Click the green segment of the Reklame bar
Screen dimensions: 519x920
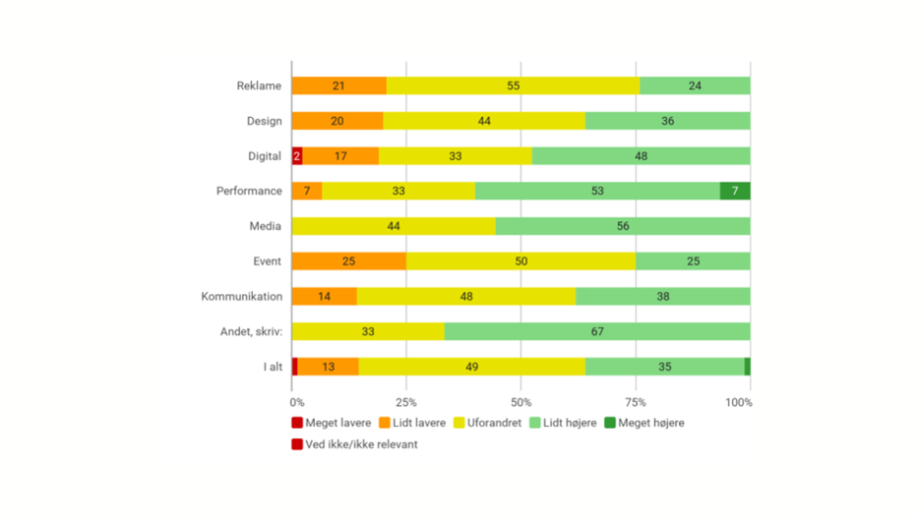[x=695, y=86]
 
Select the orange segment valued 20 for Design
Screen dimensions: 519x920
[x=337, y=121]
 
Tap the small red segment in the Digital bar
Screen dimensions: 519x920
[x=297, y=156]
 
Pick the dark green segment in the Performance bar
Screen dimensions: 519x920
[x=735, y=191]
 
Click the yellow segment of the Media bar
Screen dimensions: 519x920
[x=394, y=226]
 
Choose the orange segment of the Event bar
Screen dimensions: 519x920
[x=349, y=261]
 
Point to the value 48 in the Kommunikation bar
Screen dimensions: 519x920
[x=466, y=297]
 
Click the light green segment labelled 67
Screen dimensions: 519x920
[x=597, y=331]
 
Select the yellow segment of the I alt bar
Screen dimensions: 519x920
[x=471, y=367]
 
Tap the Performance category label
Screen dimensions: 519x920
[x=249, y=191]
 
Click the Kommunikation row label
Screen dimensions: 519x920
[x=242, y=297]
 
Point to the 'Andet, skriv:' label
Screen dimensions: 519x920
[x=251, y=331]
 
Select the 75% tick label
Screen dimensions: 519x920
[x=636, y=403]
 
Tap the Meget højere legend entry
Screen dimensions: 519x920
[x=644, y=423]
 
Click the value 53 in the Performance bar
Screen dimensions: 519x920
[x=597, y=191]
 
